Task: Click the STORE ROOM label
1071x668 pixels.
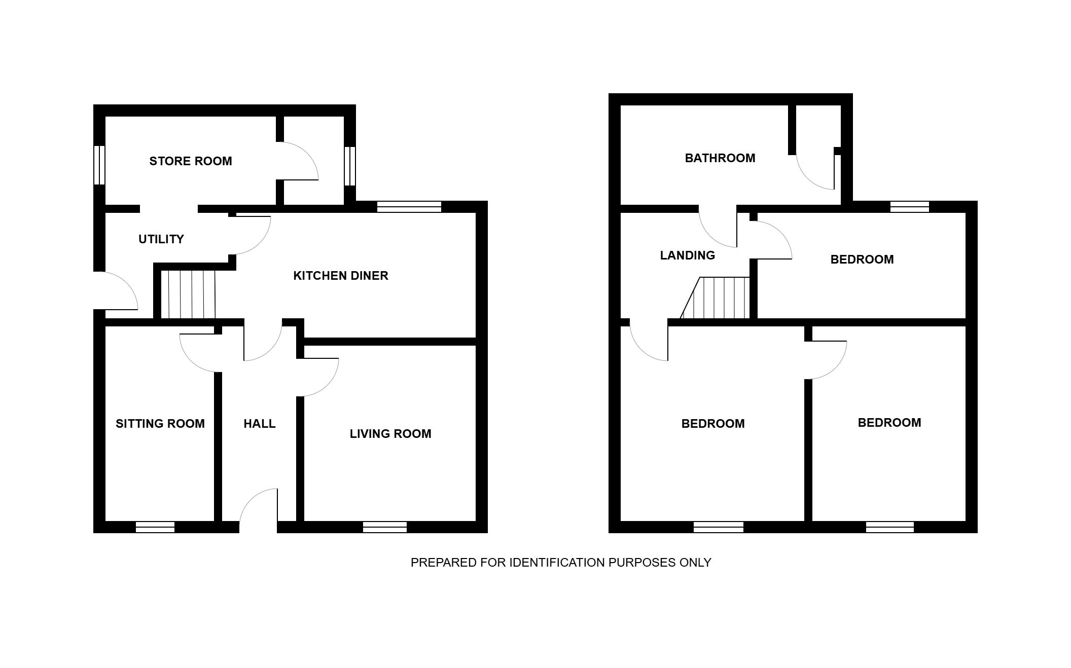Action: [191, 161]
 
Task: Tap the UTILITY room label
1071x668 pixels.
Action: [161, 239]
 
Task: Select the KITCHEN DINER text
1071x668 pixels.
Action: [341, 276]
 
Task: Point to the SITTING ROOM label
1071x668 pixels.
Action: [160, 424]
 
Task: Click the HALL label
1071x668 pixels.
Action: [260, 424]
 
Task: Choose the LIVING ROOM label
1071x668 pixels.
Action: [390, 434]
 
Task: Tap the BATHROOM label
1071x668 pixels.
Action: [720, 158]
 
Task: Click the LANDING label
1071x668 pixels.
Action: [688, 255]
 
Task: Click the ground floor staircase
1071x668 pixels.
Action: [188, 294]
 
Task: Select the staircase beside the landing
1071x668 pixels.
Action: [715, 298]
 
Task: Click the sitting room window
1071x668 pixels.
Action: [155, 527]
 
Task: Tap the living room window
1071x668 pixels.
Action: [385, 527]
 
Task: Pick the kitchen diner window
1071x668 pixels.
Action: [409, 207]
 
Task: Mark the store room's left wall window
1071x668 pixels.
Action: [99, 165]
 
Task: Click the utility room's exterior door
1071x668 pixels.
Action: [116, 290]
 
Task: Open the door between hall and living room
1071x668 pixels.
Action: [318, 377]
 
